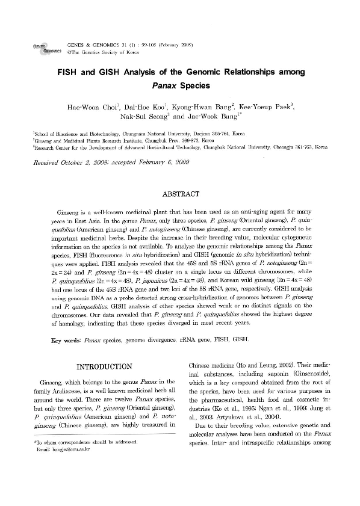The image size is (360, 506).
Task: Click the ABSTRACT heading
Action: click(180, 194)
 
